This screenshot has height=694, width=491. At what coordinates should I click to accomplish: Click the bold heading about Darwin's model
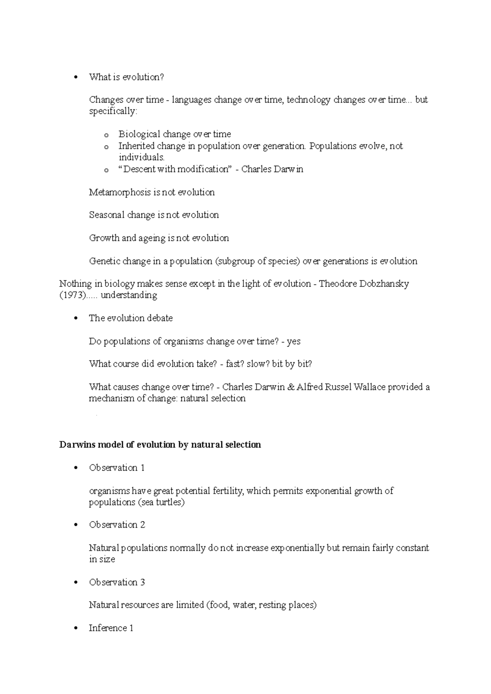[160, 445]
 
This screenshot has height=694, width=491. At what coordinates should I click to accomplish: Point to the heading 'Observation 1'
[117, 468]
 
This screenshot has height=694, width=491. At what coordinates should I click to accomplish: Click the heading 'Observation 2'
[117, 524]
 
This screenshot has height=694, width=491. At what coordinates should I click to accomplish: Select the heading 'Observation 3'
[117, 582]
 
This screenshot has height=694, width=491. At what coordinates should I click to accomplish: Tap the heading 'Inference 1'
[111, 628]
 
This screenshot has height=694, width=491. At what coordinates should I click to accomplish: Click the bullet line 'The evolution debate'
[131, 318]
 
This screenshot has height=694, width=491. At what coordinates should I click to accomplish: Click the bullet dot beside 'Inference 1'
[75, 629]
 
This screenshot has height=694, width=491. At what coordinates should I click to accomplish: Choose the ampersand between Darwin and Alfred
[291, 387]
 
